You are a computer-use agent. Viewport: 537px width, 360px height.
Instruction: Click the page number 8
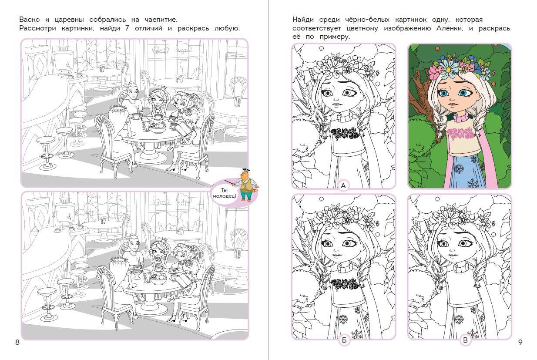point(17,342)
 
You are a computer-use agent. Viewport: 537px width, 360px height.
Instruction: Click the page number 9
point(520,342)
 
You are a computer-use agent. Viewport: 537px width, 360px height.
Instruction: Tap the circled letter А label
point(343,185)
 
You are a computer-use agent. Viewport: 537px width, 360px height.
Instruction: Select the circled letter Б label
point(344,340)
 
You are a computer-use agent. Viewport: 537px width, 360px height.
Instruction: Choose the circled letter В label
point(465,340)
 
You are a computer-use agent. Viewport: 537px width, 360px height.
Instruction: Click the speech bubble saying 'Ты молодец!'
point(225,193)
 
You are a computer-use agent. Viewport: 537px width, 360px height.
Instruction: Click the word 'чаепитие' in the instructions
point(161,20)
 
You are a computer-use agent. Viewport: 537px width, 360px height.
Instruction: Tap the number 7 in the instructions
point(127,28)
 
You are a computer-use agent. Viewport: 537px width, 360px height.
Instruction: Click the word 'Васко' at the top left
point(30,20)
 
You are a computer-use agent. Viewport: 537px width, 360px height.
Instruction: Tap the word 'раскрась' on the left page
point(193,29)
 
